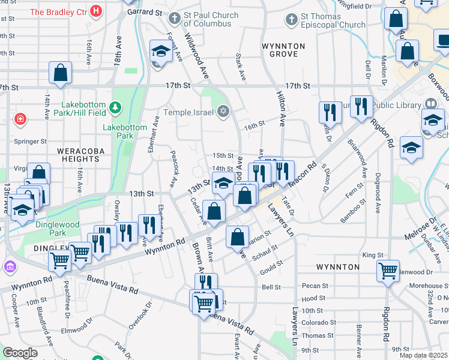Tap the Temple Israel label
click(x=189, y=112)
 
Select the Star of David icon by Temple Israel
click(x=224, y=111)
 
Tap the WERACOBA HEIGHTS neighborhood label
click(x=78, y=155)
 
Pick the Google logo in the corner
click(x=20, y=353)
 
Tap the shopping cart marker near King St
click(x=388, y=270)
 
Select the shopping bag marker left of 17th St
click(x=61, y=73)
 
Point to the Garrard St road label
click(x=145, y=12)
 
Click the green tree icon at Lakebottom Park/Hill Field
click(x=115, y=108)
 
